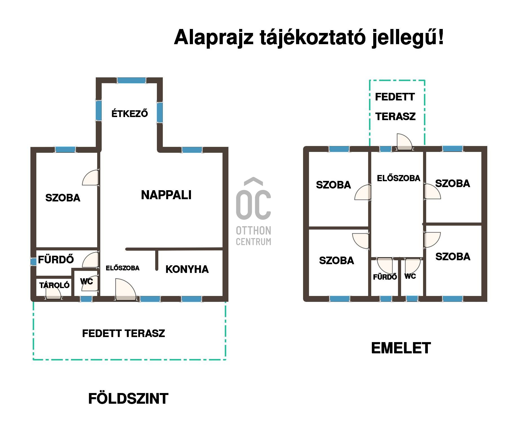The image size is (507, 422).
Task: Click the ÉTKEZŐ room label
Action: (130, 113)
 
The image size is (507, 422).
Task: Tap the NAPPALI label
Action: (166, 195)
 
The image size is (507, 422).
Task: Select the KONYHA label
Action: (187, 269)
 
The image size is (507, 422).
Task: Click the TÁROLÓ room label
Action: (54, 285)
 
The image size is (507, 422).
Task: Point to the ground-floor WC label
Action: (86, 281)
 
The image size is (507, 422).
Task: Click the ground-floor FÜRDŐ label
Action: (56, 259)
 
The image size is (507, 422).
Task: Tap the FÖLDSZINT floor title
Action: (128, 398)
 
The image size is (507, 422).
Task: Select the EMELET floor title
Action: (401, 348)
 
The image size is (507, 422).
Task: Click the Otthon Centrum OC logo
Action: (253, 211)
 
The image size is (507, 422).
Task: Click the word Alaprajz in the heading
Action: (214, 38)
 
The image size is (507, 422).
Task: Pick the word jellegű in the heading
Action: (405, 38)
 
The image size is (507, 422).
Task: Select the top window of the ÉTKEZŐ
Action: (132, 80)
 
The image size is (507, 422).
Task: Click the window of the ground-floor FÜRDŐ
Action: (34, 262)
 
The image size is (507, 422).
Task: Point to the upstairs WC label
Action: (410, 276)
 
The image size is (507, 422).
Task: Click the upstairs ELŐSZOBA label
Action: (399, 178)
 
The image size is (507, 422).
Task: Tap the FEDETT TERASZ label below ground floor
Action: (123, 333)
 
